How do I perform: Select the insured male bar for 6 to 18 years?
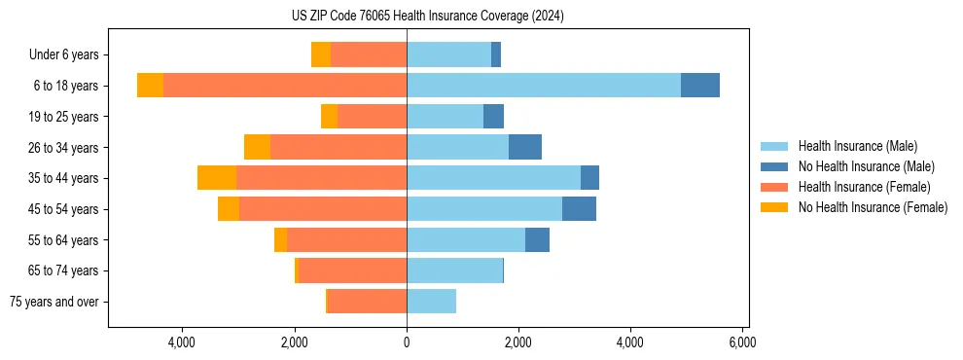point(543,86)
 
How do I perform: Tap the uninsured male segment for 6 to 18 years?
point(700,86)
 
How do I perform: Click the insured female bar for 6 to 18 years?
point(284,86)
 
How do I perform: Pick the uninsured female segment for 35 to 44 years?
point(217,178)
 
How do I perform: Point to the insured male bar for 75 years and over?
point(431,302)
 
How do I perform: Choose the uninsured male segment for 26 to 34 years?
point(525,147)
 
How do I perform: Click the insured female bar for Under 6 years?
point(369,54)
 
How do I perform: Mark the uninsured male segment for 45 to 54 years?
point(579,209)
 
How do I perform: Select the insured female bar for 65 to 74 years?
point(353,270)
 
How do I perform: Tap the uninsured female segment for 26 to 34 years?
point(257,147)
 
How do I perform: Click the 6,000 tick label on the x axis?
point(742,342)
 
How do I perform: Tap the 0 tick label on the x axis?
point(407,342)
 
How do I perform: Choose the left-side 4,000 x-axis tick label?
point(183,342)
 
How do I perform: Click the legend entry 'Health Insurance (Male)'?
point(857,146)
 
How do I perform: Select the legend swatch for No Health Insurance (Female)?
point(775,207)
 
